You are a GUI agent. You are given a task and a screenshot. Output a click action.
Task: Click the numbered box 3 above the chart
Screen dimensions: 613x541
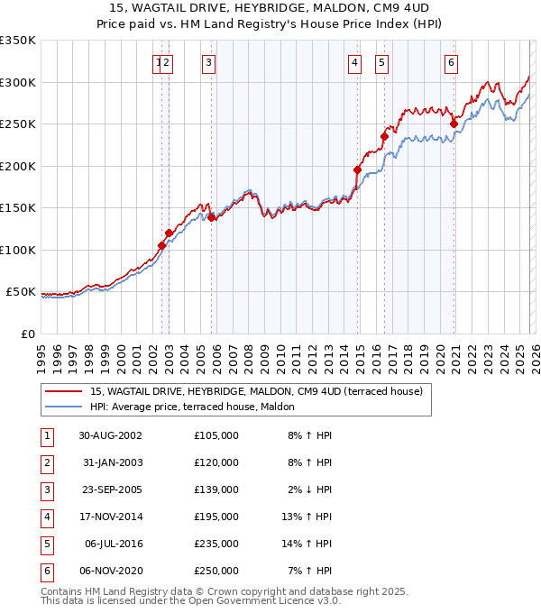208,63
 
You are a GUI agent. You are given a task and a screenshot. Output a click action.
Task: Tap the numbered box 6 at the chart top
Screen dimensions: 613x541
450,63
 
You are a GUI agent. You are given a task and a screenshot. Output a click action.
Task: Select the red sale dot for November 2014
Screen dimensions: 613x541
358,169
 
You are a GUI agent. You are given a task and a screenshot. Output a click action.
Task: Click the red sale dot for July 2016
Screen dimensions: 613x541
384,136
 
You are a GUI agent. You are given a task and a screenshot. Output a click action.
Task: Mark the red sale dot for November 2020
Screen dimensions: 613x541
454,124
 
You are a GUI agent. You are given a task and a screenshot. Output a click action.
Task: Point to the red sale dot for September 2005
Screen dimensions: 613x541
211,217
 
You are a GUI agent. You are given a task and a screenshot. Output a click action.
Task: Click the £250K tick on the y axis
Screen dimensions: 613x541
18,124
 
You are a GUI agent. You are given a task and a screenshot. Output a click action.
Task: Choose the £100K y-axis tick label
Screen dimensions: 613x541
18,250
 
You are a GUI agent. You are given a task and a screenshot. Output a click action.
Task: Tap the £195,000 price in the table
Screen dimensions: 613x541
216,517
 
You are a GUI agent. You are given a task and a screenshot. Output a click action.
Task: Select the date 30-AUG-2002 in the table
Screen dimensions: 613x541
110,435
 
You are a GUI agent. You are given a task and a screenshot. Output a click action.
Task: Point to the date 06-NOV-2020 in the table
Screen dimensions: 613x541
110,571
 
